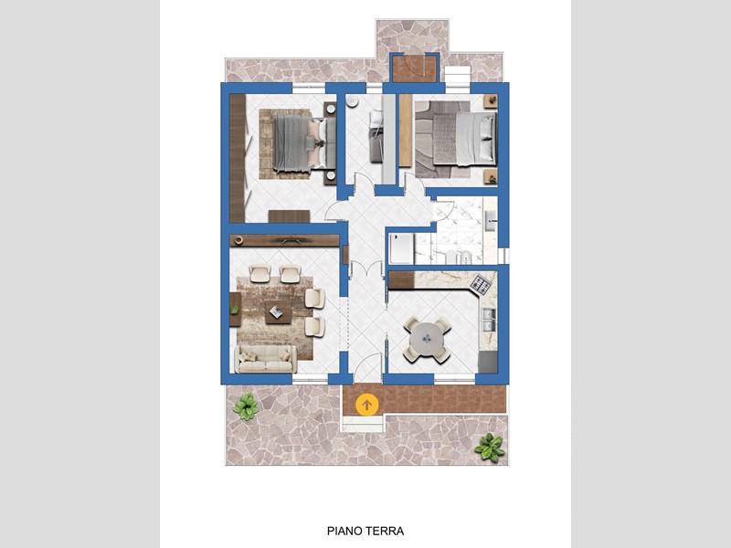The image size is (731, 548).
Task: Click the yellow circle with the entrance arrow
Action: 366,405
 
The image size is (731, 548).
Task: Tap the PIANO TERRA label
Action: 365,531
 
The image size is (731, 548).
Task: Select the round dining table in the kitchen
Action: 427,339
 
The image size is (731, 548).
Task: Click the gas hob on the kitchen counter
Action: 481,285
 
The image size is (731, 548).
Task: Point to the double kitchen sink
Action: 489,320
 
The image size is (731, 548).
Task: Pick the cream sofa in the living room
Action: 266,359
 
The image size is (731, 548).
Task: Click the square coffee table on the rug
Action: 279,311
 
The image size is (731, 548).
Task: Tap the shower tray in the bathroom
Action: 401,248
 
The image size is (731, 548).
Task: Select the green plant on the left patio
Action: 246,406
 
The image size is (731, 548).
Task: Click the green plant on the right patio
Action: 490,447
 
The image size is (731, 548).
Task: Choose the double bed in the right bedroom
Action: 464,139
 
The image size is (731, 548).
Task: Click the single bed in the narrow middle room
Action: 376,136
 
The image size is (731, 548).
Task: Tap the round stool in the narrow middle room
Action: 352,101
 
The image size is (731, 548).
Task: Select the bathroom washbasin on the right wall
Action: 491,220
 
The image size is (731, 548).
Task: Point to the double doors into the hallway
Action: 366,269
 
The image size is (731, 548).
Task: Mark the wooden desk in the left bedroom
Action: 289,216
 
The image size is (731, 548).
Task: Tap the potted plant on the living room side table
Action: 234,310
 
